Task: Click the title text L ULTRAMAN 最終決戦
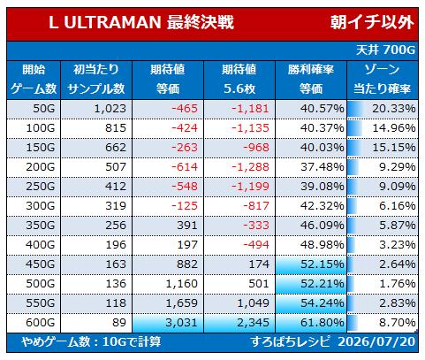click(141, 22)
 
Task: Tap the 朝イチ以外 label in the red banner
click(372, 22)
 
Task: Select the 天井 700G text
click(385, 50)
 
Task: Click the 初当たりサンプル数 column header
click(96, 79)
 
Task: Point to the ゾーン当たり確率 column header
click(382, 79)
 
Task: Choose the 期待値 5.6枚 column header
click(239, 79)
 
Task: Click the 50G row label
click(44, 109)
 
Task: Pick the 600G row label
click(41, 322)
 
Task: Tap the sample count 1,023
click(110, 109)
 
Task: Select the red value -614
click(185, 167)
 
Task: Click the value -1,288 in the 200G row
click(250, 167)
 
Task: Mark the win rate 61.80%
click(323, 322)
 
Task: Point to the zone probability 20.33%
click(394, 109)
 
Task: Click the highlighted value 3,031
click(181, 322)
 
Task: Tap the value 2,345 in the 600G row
click(253, 322)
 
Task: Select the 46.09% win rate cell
click(323, 226)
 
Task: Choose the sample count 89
click(119, 322)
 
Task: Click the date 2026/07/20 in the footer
click(376, 341)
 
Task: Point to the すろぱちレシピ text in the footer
click(291, 341)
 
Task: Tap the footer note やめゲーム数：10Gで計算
click(91, 341)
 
